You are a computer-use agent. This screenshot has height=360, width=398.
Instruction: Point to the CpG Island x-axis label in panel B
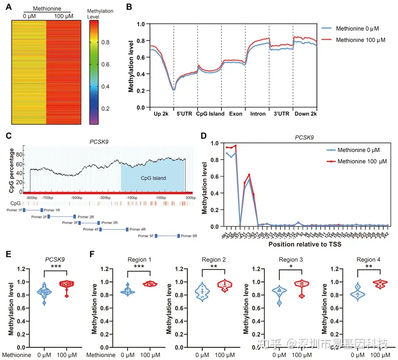click(x=210, y=114)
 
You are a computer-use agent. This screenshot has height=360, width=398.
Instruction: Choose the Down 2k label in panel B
click(x=305, y=114)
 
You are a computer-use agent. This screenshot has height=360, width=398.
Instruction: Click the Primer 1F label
click(x=14, y=209)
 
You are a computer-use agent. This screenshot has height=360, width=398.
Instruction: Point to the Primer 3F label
click(x=69, y=223)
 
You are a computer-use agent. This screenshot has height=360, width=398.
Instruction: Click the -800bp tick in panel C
click(x=31, y=197)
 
